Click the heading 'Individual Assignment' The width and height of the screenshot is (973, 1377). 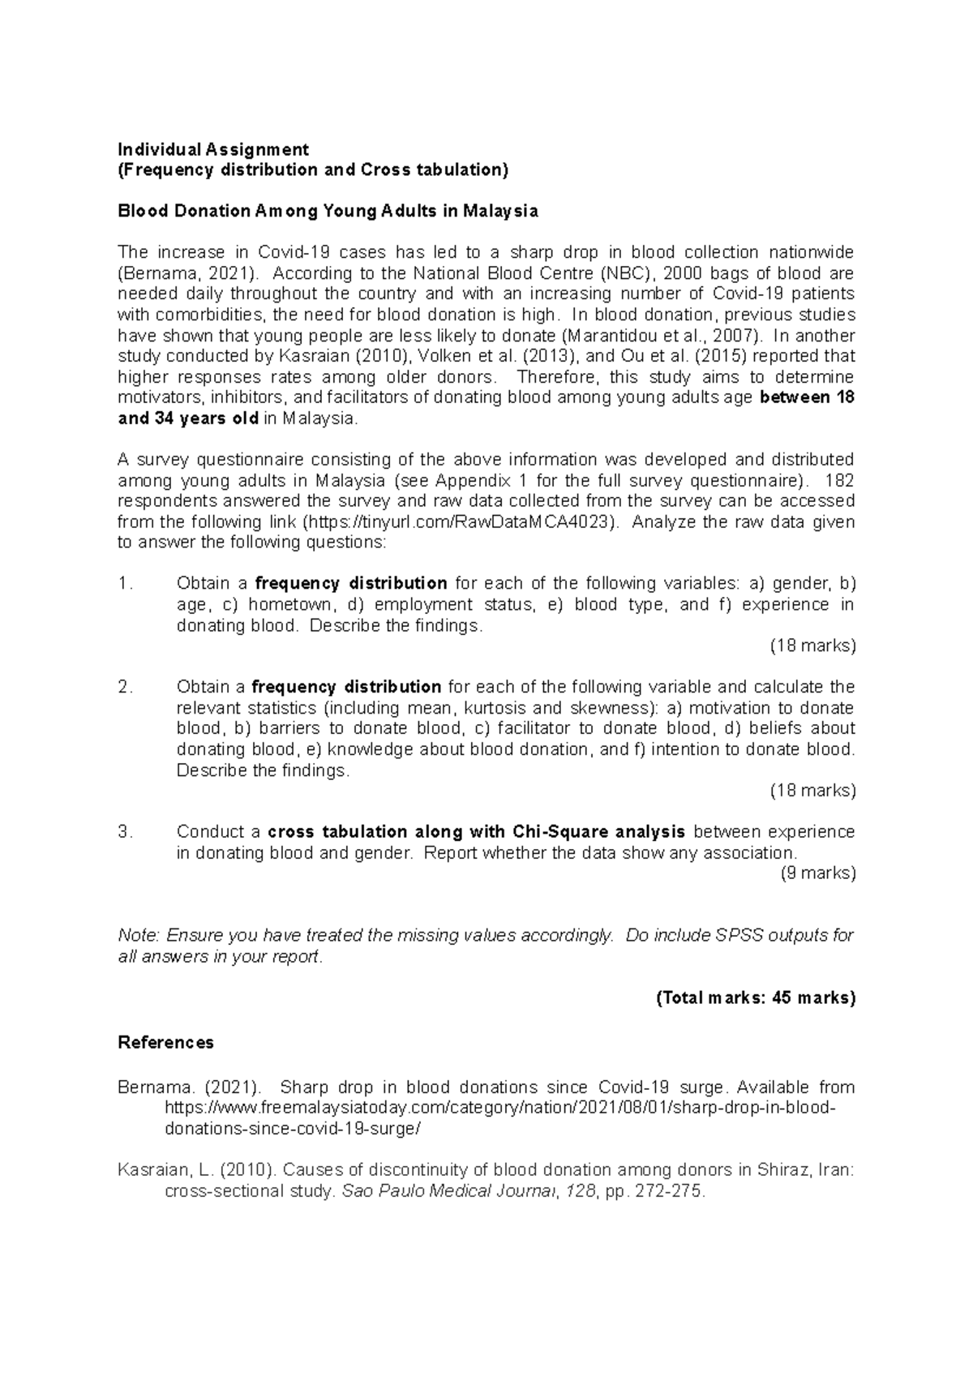pyautogui.click(x=213, y=149)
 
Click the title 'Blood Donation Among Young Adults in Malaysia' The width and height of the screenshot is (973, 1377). pyautogui.click(x=328, y=212)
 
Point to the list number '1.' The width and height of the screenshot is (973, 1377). pyautogui.click(x=124, y=584)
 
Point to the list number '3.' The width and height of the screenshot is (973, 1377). pyautogui.click(x=124, y=832)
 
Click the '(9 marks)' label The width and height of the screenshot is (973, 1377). pyautogui.click(x=817, y=873)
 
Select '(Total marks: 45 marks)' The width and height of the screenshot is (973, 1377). pyautogui.click(x=755, y=998)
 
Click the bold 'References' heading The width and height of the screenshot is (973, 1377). pyautogui.click(x=165, y=1043)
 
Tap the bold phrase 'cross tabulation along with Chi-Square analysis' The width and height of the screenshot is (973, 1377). pyautogui.click(x=476, y=832)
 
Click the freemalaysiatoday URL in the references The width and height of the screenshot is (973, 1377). pyautogui.click(x=498, y=1109)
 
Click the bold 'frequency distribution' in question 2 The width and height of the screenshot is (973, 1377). pyautogui.click(x=346, y=688)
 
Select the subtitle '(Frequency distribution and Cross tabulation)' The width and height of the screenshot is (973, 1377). pyautogui.click(x=313, y=170)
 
